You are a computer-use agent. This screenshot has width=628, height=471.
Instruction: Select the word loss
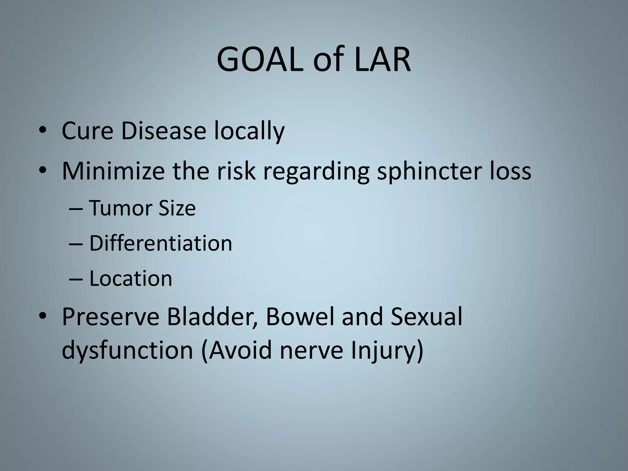pos(510,171)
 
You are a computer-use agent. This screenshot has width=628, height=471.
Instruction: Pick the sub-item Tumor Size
pos(142,208)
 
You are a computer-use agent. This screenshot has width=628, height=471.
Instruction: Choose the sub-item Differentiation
pos(160,243)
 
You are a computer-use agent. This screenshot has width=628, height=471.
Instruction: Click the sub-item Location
pos(131,279)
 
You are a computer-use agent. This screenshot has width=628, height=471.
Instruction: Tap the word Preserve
pos(110,316)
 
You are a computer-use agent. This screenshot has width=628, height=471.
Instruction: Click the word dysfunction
pos(127,350)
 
